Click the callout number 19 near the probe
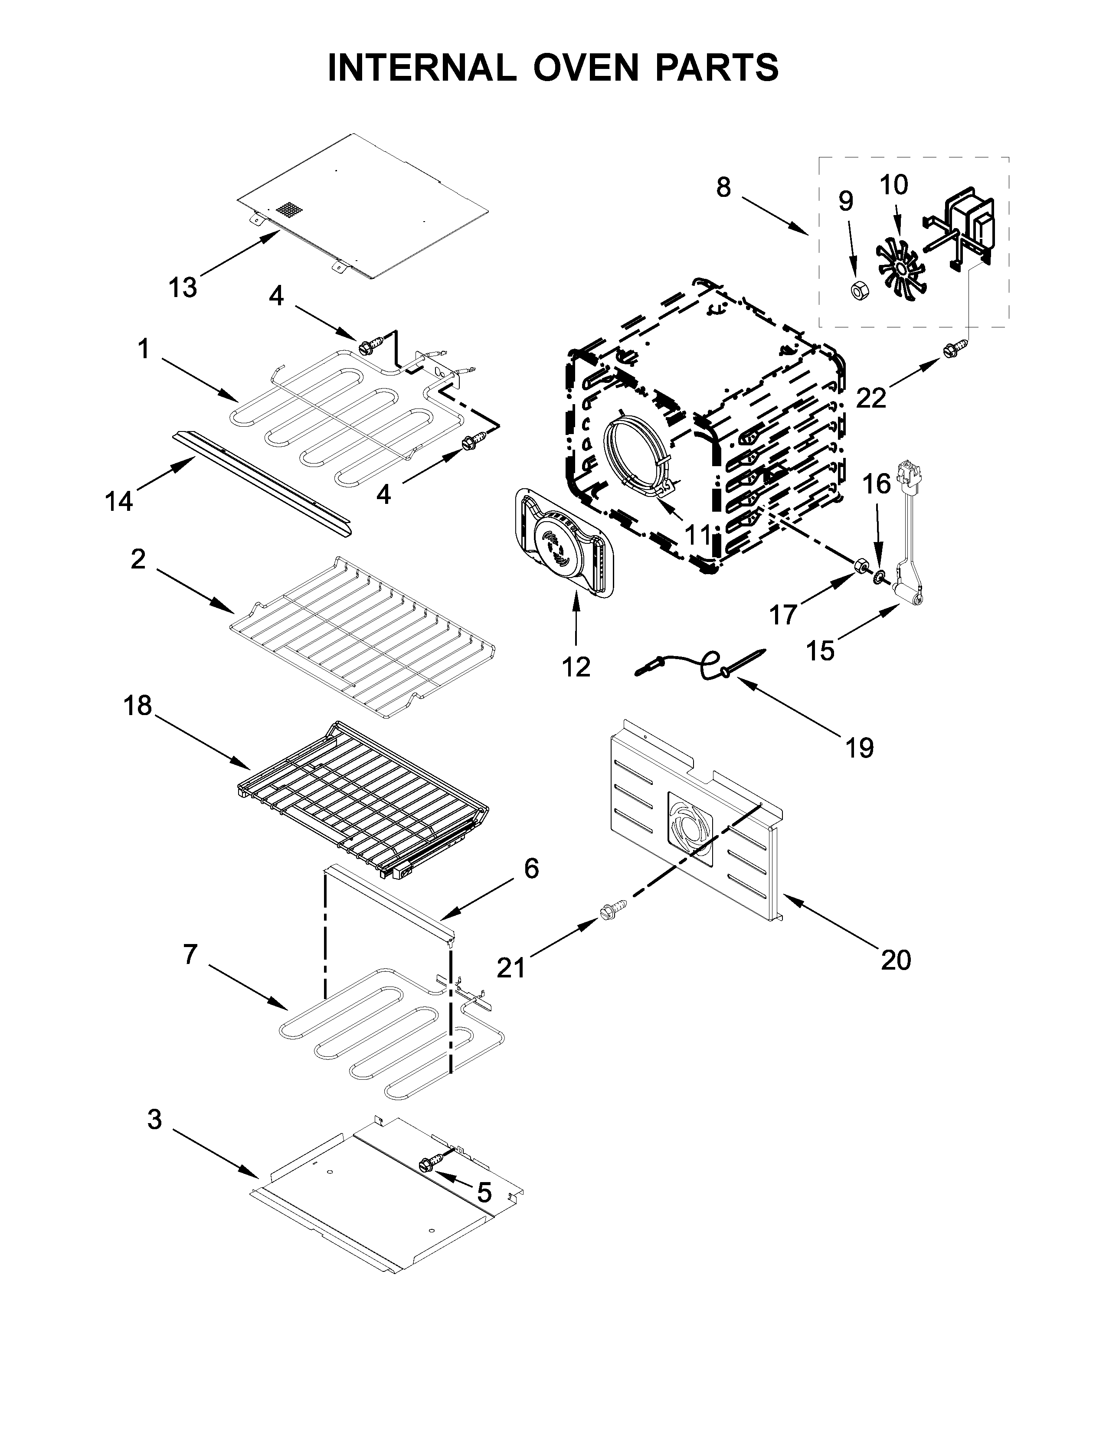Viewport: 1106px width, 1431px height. pos(859,747)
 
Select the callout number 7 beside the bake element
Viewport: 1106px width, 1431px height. pos(190,955)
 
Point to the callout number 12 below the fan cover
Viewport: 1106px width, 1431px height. pos(576,667)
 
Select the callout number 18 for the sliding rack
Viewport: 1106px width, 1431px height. pos(137,706)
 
